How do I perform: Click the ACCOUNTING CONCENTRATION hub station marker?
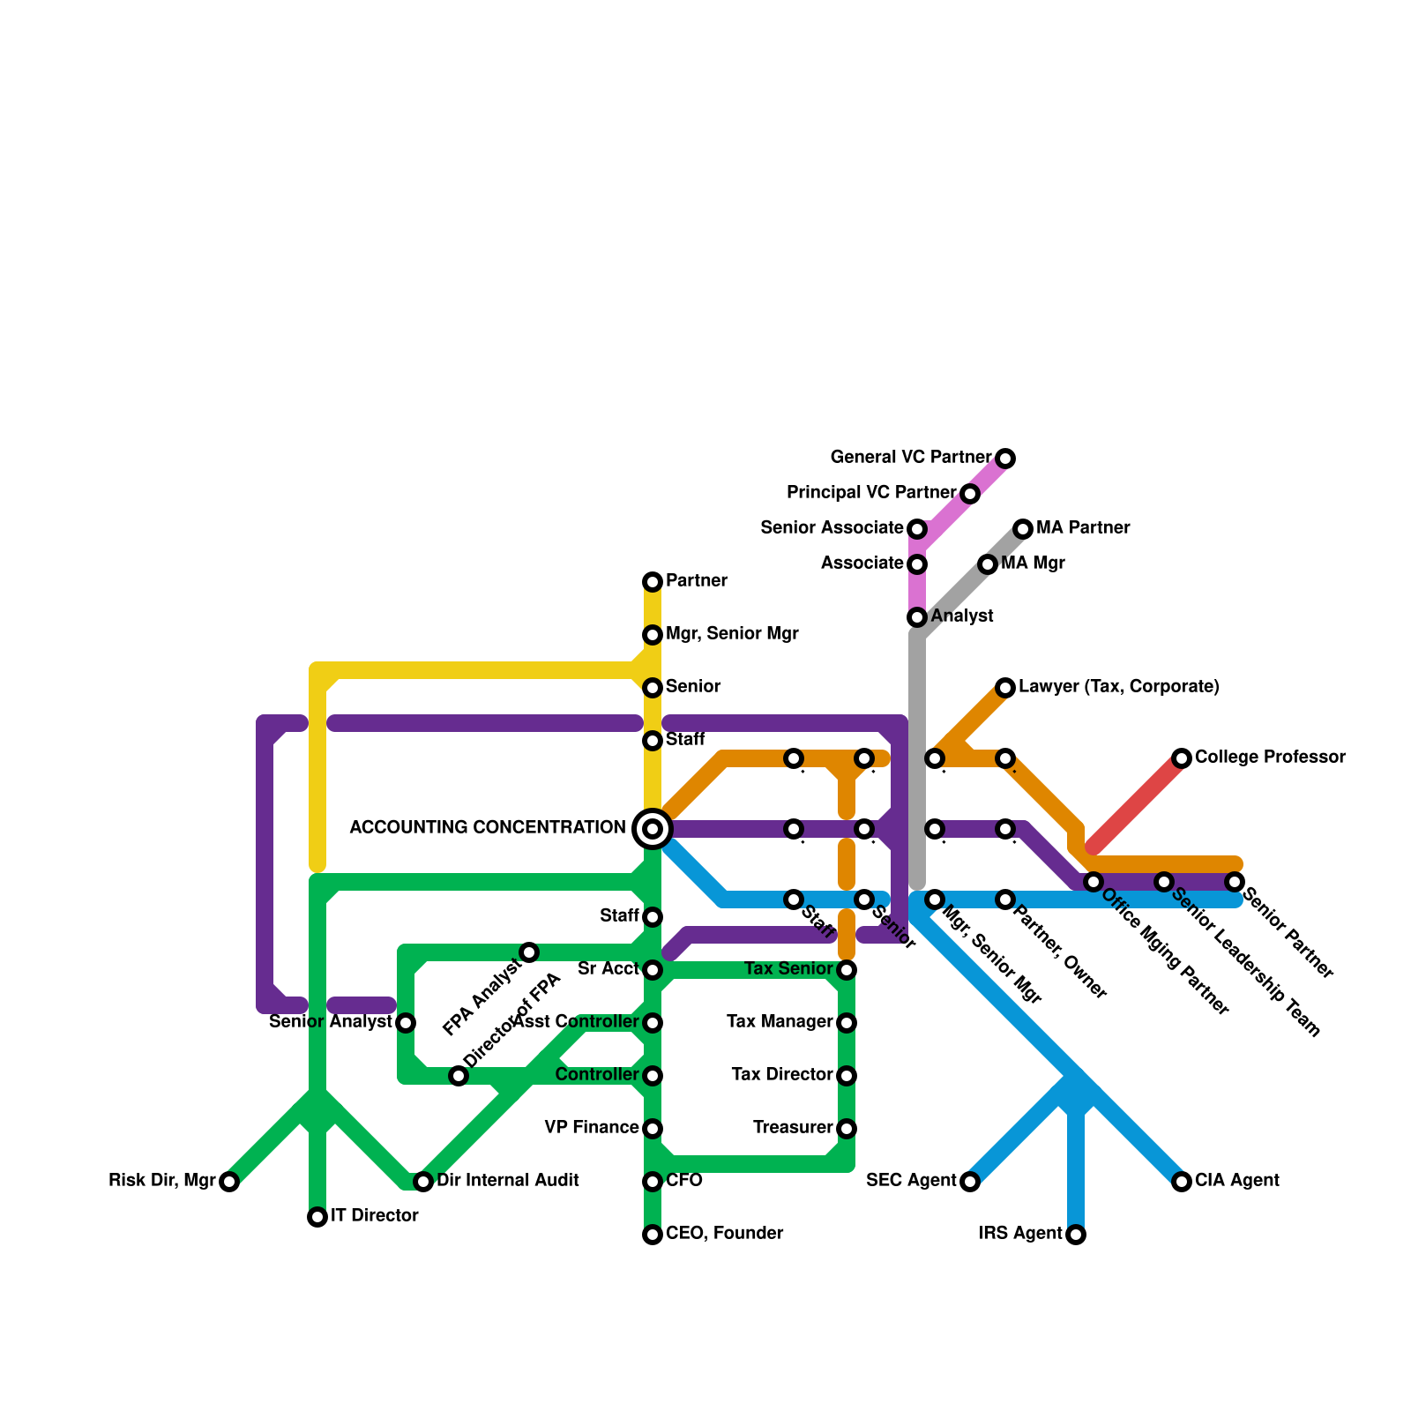[x=653, y=828]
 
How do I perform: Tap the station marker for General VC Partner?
[x=1005, y=459]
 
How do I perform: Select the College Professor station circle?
[x=1182, y=758]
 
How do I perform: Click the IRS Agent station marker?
[x=1076, y=1235]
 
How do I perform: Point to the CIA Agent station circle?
[x=1182, y=1182]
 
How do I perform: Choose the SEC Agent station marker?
[x=970, y=1182]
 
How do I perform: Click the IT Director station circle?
[x=317, y=1217]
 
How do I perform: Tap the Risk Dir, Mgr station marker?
[x=229, y=1182]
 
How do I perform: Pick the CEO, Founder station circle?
[x=653, y=1235]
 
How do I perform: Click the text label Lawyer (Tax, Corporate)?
[x=1118, y=687]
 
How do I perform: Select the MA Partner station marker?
[x=1023, y=529]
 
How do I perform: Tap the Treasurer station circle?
[x=847, y=1129]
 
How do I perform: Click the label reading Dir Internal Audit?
[x=508, y=1181]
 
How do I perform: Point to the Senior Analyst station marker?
[x=406, y=1023]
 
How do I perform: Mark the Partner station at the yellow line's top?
[x=653, y=582]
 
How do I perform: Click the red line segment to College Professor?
[x=1138, y=803]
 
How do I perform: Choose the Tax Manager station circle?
[x=847, y=1023]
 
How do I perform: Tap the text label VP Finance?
[x=592, y=1128]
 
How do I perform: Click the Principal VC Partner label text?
[x=871, y=493]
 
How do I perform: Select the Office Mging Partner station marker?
[x=1094, y=882]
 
